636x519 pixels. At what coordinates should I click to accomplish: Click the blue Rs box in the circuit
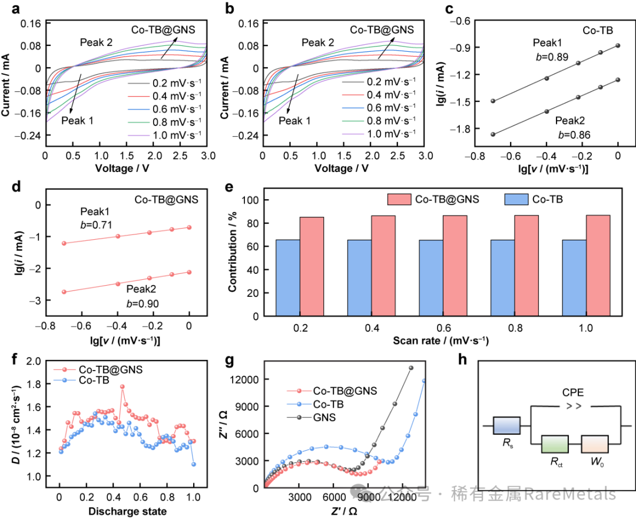506,425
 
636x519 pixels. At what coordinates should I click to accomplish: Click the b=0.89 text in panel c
545,57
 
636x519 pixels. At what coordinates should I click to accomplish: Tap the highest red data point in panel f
122,387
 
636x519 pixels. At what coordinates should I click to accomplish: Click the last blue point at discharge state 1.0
194,464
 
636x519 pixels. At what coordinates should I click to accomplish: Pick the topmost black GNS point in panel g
411,368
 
